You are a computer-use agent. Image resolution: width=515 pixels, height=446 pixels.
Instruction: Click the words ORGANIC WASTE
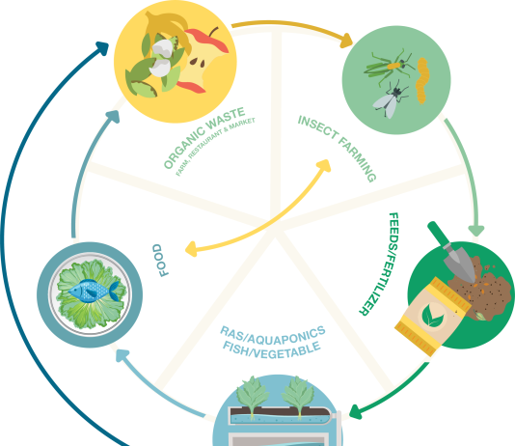coord(204,137)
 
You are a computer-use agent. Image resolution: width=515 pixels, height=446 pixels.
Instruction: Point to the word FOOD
coord(161,261)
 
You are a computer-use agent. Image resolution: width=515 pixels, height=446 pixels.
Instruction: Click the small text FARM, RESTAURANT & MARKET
coord(215,147)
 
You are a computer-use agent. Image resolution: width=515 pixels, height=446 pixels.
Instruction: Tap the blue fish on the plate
coord(94,291)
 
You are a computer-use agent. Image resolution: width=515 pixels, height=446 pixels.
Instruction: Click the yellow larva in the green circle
coord(421,80)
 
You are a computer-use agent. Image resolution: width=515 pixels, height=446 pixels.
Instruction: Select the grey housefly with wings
coord(391,99)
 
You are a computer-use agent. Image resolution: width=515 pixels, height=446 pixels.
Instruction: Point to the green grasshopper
coord(389,66)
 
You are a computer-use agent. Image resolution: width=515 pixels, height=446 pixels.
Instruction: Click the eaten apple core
coord(201,62)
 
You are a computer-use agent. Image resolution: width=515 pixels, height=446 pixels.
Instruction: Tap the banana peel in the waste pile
coord(168,30)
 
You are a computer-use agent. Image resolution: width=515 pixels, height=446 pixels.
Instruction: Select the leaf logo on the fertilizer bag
coord(432,317)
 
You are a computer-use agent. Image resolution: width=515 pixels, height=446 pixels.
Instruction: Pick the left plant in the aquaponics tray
coord(253,394)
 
